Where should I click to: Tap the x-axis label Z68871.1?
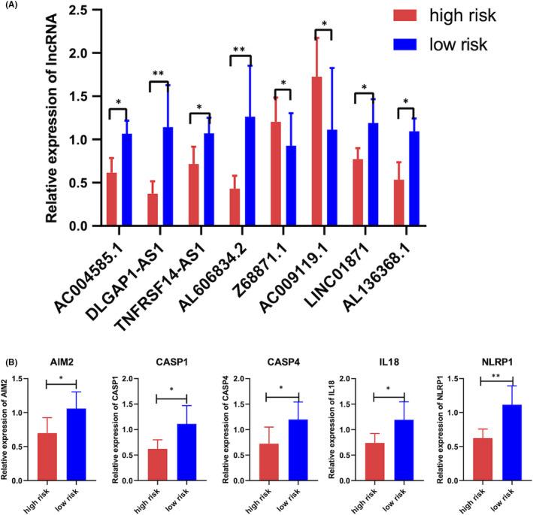click(267, 258)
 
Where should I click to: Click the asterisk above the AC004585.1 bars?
click(119, 102)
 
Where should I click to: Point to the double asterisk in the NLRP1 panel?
click(496, 353)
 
